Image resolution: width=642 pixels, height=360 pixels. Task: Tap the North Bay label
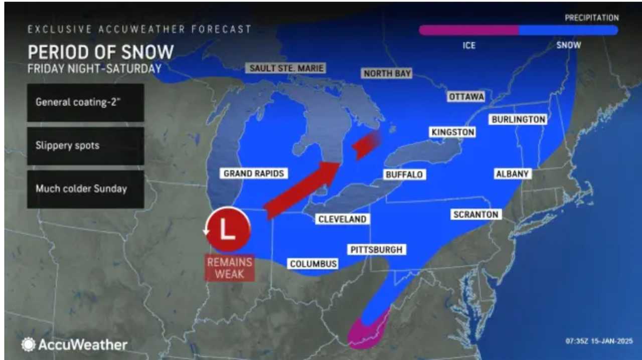click(x=387, y=74)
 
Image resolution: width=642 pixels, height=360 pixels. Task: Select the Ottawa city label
click(x=466, y=97)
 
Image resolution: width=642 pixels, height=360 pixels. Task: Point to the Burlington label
click(x=518, y=119)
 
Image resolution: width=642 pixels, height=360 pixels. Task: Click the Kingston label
click(x=452, y=132)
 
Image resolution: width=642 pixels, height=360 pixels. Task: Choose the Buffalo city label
click(x=404, y=174)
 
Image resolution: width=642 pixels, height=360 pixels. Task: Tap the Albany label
click(x=512, y=173)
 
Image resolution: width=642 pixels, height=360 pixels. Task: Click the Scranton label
click(x=475, y=215)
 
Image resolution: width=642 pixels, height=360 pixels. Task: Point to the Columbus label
click(x=313, y=264)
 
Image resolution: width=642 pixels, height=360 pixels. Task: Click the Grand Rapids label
click(x=254, y=173)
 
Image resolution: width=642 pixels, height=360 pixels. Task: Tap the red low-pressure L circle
click(x=228, y=229)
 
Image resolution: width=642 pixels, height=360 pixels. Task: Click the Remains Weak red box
click(x=229, y=268)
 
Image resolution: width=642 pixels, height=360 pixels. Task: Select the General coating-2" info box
click(x=86, y=102)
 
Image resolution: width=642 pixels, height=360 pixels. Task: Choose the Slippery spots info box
click(x=86, y=146)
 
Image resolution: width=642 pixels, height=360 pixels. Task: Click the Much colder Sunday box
click(x=86, y=189)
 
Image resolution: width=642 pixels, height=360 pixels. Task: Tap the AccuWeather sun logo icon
click(x=28, y=344)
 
